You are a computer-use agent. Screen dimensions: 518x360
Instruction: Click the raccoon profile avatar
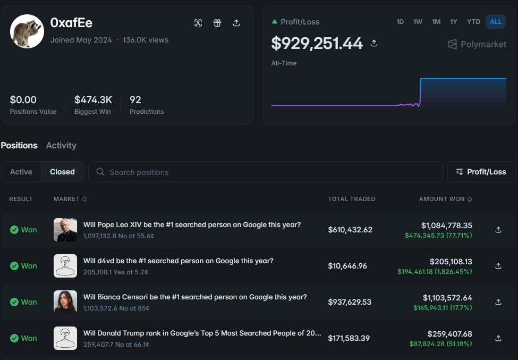point(27,31)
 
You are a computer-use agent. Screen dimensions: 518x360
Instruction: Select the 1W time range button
point(418,22)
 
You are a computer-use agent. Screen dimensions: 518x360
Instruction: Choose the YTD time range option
point(473,22)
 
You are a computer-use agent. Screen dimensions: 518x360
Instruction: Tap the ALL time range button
point(496,22)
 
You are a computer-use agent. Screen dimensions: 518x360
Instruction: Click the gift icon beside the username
point(217,23)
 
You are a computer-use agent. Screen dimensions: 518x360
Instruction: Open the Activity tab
point(61,146)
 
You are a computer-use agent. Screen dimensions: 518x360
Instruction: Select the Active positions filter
point(21,172)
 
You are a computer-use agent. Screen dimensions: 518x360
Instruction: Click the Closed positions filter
point(62,172)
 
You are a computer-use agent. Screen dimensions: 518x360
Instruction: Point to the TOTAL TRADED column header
point(352,199)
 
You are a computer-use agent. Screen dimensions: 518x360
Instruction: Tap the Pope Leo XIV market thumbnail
point(65,230)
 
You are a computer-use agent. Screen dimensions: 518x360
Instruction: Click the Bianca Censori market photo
point(65,302)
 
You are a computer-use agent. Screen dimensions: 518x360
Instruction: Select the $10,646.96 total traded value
point(347,266)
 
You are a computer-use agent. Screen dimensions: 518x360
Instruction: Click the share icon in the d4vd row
point(498,266)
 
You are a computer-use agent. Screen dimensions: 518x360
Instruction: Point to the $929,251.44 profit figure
point(317,44)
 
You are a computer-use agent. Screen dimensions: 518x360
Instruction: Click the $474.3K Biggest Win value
point(93,100)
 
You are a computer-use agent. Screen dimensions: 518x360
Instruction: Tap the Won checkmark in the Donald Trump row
point(14,338)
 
